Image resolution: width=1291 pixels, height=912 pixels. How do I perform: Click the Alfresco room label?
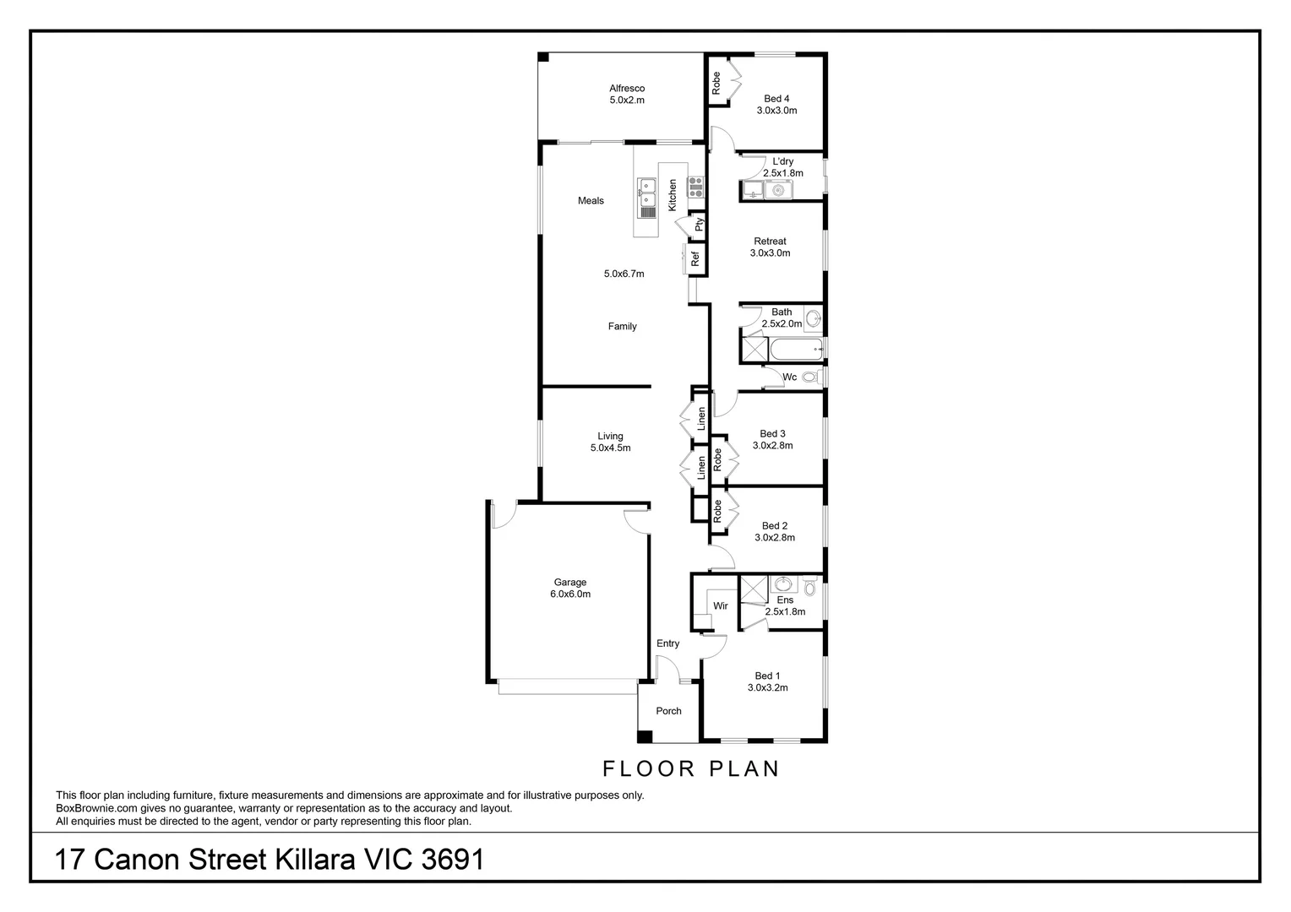click(x=627, y=88)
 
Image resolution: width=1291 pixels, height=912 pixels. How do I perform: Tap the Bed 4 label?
click(x=776, y=99)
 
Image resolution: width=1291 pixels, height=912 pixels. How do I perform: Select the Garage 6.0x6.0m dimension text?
click(x=570, y=594)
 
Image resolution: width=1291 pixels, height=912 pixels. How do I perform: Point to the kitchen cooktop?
click(x=696, y=186)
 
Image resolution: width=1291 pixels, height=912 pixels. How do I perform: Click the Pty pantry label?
click(x=700, y=225)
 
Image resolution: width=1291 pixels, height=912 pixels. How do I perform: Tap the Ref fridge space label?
click(x=696, y=259)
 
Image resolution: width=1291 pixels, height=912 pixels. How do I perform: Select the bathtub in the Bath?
click(x=795, y=348)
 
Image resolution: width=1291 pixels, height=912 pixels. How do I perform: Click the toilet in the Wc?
click(x=809, y=377)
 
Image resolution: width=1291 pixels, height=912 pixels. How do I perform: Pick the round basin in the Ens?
click(x=783, y=584)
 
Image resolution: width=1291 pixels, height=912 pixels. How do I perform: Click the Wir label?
click(x=721, y=606)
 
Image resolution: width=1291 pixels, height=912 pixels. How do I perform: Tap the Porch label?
click(x=668, y=711)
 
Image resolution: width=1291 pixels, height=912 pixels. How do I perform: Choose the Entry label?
click(x=667, y=643)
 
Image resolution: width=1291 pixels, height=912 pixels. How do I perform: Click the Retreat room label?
click(x=770, y=242)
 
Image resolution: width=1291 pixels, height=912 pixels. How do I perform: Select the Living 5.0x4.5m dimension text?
click(x=610, y=448)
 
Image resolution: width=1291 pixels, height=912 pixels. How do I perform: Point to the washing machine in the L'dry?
click(x=776, y=191)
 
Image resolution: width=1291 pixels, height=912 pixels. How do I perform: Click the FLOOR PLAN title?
click(x=690, y=768)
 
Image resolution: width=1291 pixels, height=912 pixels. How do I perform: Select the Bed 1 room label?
click(x=767, y=676)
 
